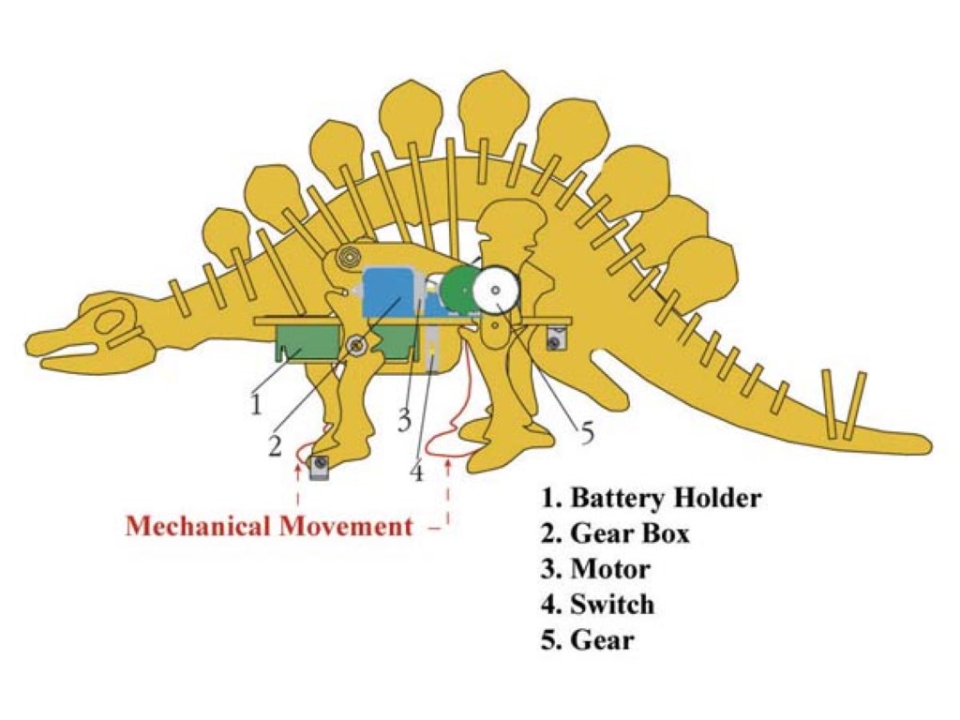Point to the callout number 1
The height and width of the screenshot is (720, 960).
(x=255, y=405)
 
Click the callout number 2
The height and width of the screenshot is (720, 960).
(x=274, y=446)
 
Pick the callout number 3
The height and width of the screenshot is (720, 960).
(x=403, y=421)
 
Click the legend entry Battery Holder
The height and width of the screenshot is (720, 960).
(x=652, y=497)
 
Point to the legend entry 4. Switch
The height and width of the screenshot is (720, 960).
(x=598, y=605)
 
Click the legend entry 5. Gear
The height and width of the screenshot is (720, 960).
(x=588, y=640)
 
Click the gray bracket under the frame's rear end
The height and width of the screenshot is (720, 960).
(x=560, y=338)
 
